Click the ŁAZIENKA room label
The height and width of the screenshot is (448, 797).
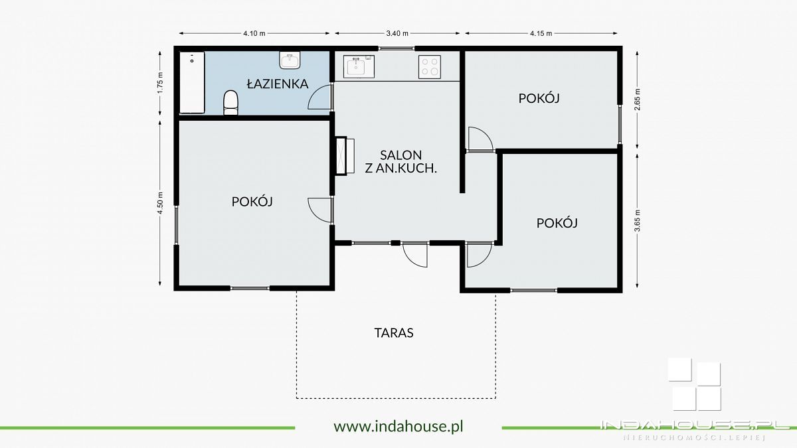click(x=277, y=84)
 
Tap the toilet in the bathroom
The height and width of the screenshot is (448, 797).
click(x=230, y=103)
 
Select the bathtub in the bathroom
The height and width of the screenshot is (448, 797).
click(x=192, y=82)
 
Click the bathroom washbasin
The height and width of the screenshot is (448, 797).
click(x=290, y=60)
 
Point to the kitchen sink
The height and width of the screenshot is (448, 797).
click(x=359, y=66)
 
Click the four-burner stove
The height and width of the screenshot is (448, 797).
click(x=430, y=67)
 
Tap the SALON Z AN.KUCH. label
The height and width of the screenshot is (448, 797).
click(x=401, y=161)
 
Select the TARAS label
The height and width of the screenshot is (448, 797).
click(x=394, y=333)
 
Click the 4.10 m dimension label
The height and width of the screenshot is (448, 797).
click(x=254, y=33)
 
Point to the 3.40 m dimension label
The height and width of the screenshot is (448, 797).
click(x=397, y=33)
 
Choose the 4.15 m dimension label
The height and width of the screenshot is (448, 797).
click(x=541, y=33)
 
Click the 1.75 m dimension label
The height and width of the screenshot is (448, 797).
click(x=160, y=83)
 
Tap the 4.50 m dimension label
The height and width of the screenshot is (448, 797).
click(x=160, y=203)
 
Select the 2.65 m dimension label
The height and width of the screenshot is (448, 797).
click(x=637, y=100)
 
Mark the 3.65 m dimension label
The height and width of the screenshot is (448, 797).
click(x=637, y=220)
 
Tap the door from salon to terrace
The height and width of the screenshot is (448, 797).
click(x=415, y=254)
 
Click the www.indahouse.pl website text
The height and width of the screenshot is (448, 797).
click(x=398, y=426)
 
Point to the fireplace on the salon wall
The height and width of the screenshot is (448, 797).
click(x=345, y=156)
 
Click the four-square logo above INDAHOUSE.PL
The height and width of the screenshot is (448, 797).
click(x=695, y=385)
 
